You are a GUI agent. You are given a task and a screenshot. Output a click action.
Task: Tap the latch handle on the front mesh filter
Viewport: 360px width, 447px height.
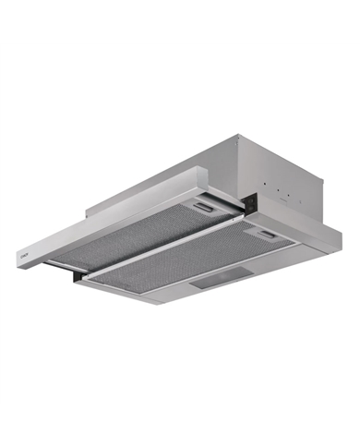269,236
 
